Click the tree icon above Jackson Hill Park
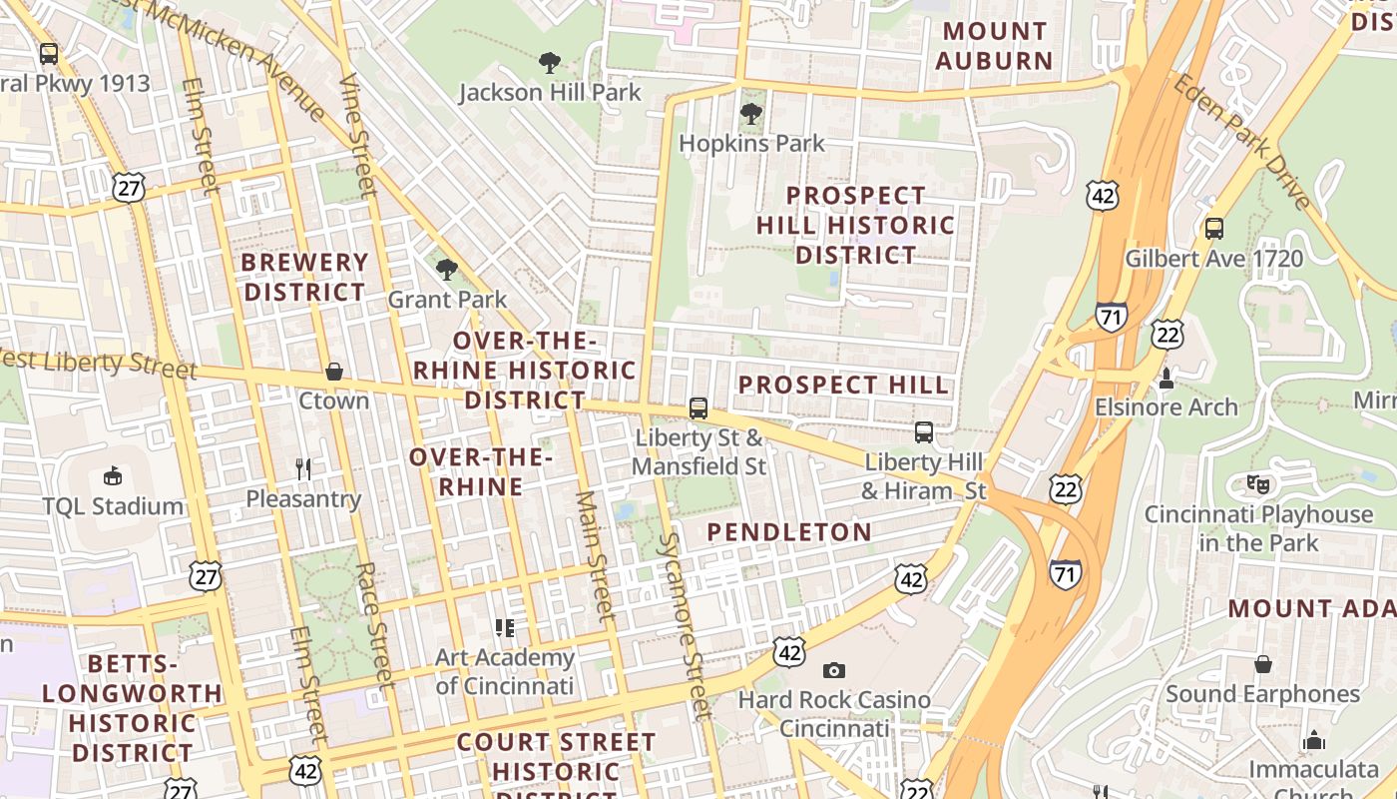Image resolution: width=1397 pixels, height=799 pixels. (549, 63)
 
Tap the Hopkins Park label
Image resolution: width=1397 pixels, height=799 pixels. (751, 144)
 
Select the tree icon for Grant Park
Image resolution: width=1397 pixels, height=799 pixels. (447, 269)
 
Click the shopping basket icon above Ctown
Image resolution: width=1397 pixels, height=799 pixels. (334, 372)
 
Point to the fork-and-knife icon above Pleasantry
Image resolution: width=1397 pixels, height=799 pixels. (303, 468)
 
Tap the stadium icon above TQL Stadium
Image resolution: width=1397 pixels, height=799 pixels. (113, 475)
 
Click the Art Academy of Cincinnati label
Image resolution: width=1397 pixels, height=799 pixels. (504, 671)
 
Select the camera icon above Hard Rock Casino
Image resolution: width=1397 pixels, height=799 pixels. (833, 670)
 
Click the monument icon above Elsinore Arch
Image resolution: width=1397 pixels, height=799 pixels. (1165, 379)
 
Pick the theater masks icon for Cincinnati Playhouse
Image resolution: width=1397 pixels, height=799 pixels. (1258, 484)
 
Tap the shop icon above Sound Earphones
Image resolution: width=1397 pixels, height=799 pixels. (1262, 664)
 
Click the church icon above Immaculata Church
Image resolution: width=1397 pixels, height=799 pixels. (1314, 740)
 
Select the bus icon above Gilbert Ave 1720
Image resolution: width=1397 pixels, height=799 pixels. (1214, 229)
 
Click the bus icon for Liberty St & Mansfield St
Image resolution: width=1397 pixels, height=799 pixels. (698, 408)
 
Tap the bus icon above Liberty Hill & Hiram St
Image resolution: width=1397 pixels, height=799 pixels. (924, 432)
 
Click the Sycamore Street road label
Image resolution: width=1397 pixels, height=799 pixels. (684, 625)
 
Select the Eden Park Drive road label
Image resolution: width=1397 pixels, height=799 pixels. (1242, 142)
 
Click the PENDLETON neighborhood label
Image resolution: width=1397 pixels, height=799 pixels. (789, 532)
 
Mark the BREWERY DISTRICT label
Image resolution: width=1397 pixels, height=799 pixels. (305, 278)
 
